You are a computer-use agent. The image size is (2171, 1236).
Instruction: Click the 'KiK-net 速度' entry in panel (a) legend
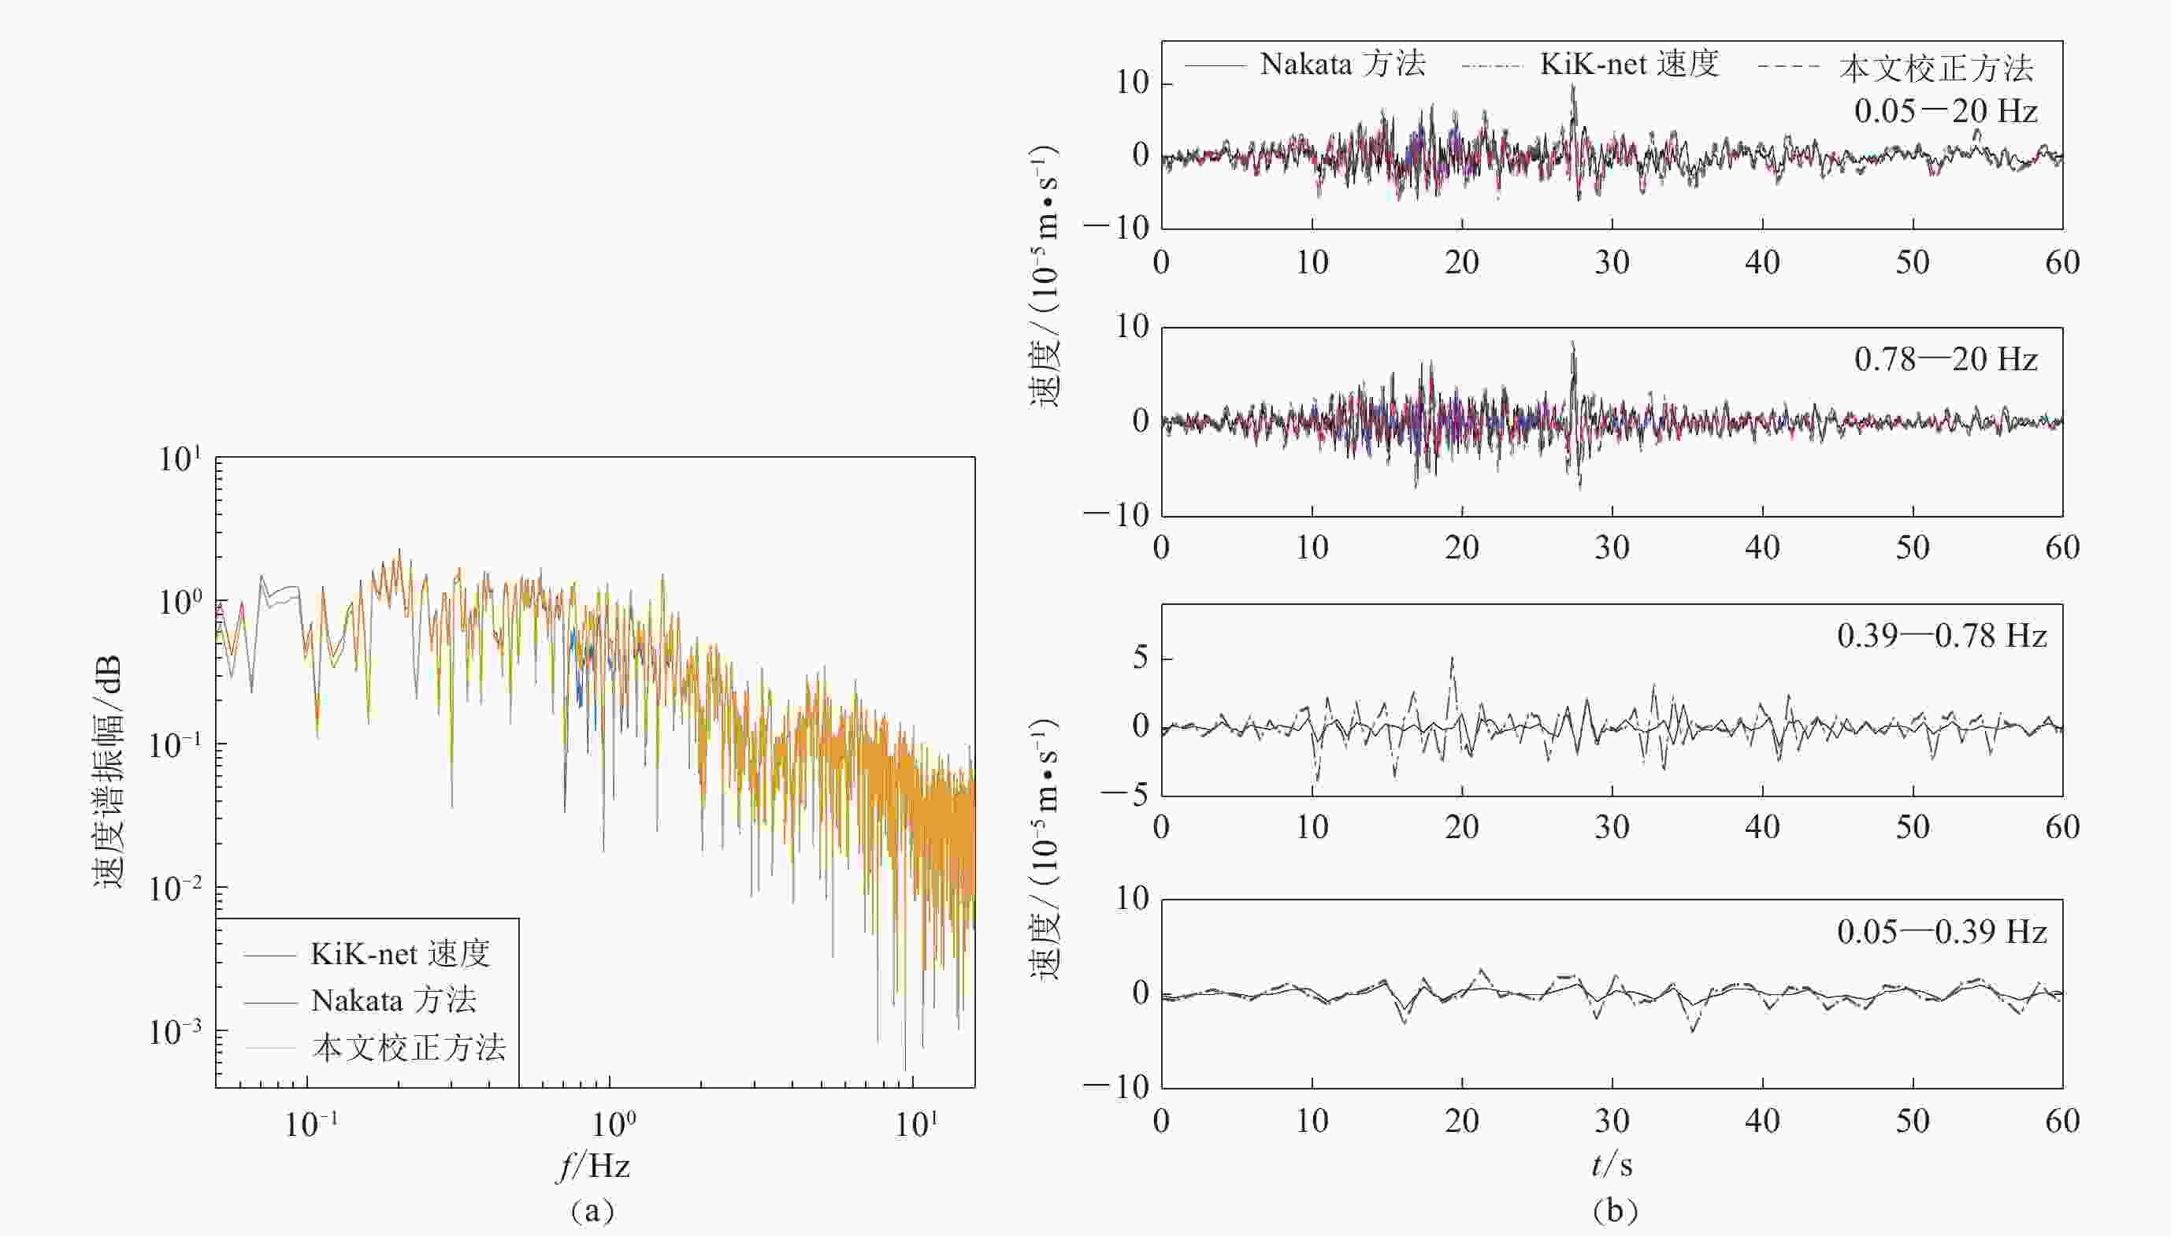(x=399, y=954)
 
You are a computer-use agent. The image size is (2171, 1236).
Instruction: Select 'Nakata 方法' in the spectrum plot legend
(x=393, y=1001)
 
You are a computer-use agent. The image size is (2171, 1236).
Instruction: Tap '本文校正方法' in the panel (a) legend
(x=408, y=1049)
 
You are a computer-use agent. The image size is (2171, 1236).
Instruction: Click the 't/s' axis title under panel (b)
(x=1612, y=1164)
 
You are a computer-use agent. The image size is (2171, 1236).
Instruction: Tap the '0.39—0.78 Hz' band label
(x=1941, y=636)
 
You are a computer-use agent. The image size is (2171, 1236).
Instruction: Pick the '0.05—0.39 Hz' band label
(x=1941, y=932)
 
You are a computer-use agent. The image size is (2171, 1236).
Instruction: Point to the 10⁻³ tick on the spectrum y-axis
(x=176, y=1032)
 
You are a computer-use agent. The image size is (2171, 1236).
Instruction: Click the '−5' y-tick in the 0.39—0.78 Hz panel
(x=1125, y=796)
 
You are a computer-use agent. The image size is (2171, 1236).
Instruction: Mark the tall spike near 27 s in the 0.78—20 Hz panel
(x=1572, y=343)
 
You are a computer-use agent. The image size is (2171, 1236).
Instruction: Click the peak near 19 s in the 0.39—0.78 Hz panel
(x=1452, y=659)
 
